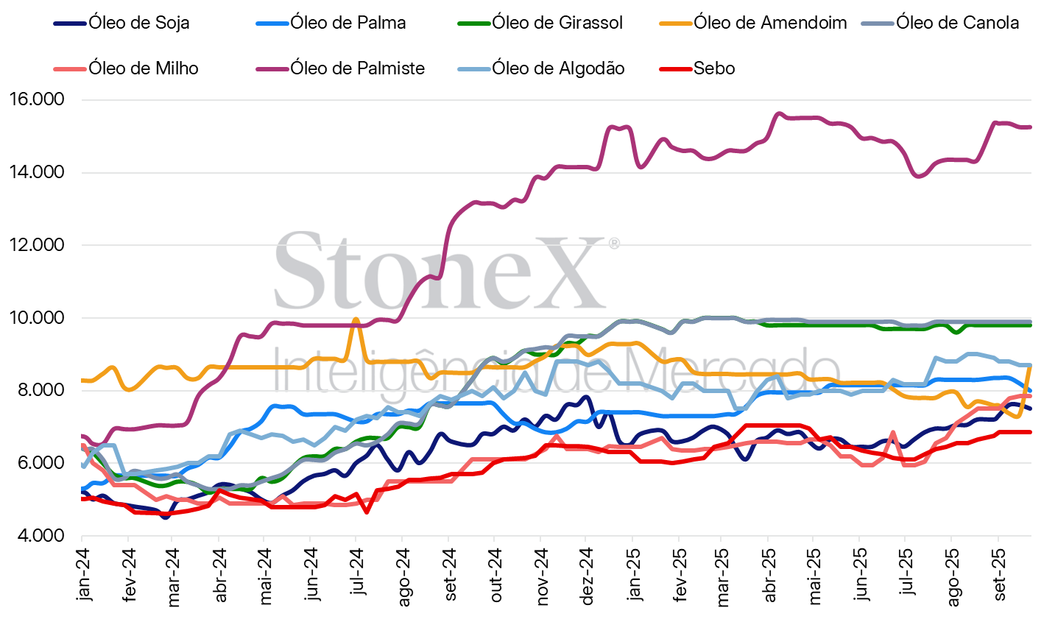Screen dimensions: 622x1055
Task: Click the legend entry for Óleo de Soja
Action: (138, 23)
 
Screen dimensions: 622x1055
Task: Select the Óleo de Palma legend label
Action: (347, 23)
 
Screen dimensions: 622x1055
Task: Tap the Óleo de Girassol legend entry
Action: (557, 23)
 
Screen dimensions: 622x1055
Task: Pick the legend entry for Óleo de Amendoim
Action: (769, 23)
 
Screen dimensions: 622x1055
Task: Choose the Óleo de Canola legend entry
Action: (957, 23)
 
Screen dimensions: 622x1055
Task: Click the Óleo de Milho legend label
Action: (144, 68)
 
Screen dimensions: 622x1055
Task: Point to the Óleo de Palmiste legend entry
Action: (357, 68)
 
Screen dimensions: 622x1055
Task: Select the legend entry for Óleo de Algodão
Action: (558, 68)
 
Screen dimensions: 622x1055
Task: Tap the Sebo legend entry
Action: (713, 68)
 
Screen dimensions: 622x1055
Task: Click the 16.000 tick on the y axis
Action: (37, 99)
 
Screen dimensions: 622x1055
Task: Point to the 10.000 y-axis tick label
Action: (37, 318)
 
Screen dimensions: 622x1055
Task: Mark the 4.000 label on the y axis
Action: (37, 536)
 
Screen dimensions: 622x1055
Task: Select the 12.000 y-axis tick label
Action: (37, 245)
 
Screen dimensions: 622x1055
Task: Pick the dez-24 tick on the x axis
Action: (587, 574)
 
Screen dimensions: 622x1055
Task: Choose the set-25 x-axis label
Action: (999, 574)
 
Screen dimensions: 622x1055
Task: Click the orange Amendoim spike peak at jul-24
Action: (356, 320)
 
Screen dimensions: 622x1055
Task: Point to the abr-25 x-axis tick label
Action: (769, 574)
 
